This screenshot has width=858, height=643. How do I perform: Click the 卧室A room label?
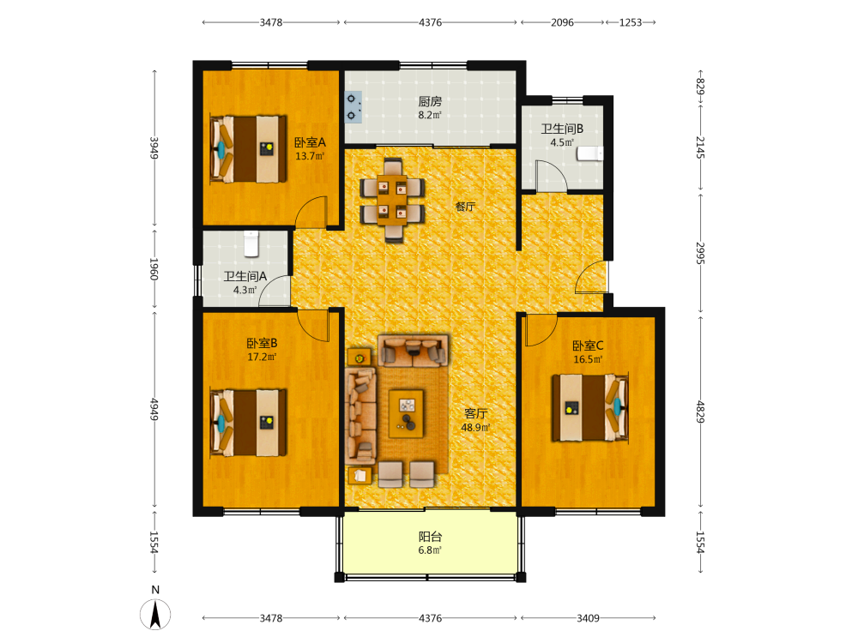[x=310, y=142]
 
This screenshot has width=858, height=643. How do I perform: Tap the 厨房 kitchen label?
[x=430, y=102]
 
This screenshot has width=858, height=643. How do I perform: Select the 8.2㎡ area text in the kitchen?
[x=430, y=115]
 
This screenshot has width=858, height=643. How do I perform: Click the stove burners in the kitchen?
[x=353, y=107]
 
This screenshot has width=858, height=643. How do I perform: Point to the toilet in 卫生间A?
[x=251, y=243]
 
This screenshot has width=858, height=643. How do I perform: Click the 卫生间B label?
[x=562, y=129]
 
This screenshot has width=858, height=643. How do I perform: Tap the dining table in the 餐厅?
[x=392, y=200]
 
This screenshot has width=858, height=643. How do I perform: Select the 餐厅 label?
[x=465, y=207]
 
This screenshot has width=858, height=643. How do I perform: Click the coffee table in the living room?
[x=406, y=413]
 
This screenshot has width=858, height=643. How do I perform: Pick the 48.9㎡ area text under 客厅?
[x=475, y=428]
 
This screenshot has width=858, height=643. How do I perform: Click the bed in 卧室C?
[x=590, y=407]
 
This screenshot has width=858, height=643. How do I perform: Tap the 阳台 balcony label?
[x=430, y=537]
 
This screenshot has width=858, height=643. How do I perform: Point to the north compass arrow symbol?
[x=155, y=614]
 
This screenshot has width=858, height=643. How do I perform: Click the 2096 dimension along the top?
[x=562, y=22]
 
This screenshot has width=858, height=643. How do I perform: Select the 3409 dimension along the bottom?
[x=588, y=618]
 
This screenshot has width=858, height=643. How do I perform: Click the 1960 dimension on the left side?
[x=154, y=269]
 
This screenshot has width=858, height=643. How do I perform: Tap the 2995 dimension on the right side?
[x=700, y=253]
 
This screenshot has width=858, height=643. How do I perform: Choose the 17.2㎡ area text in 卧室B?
[x=262, y=357]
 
